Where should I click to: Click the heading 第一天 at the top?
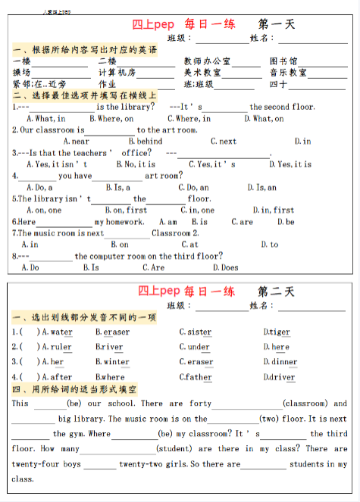[277, 24]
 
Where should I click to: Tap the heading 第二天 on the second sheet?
[277, 292]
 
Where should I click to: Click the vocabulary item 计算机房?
[117, 73]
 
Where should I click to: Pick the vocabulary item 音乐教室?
[288, 73]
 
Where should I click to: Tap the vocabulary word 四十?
[277, 84]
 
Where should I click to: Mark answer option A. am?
[167, 222]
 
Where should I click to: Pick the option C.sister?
[196, 332]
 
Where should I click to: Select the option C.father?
[196, 377]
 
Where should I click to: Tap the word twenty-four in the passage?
[33, 463]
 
